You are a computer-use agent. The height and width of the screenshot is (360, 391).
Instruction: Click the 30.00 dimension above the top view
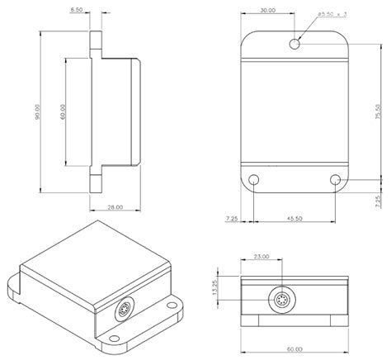pos(267,12)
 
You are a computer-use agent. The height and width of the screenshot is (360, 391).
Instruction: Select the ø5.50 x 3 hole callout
pos(329,14)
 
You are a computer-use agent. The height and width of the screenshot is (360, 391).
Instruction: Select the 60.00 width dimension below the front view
pos(294,348)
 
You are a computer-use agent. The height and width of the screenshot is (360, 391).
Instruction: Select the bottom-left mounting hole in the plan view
pos(255,179)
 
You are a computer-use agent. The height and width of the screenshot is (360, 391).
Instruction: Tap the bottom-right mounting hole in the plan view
pos(336,179)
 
